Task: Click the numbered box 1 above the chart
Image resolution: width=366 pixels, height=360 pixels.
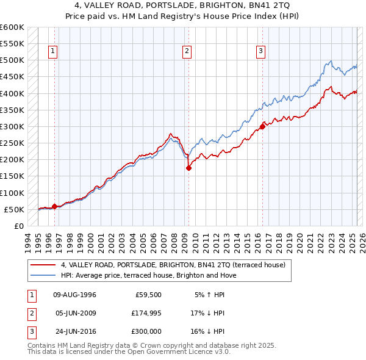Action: coord(54,51)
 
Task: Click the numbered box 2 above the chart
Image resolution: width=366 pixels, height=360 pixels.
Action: coord(186,51)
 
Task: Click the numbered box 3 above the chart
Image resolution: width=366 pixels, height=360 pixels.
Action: coord(260,51)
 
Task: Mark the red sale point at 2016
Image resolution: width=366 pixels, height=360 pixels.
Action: coord(263,126)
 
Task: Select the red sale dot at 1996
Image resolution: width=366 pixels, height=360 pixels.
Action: coord(54,206)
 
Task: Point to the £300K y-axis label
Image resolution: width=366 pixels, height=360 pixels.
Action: coord(12,126)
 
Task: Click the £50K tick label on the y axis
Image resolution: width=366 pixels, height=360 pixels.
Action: coord(14,209)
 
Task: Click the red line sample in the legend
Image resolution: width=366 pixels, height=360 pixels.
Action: coord(43,265)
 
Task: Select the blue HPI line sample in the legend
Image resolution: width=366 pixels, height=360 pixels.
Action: coord(43,275)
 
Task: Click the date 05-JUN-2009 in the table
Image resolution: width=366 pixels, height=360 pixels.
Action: coord(75,313)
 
